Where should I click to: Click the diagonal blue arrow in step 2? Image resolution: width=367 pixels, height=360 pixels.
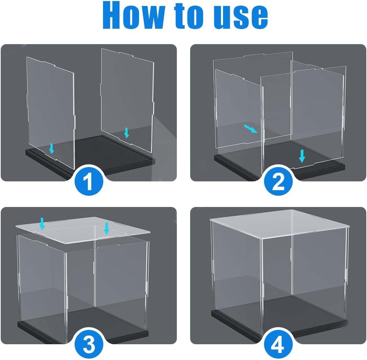[x=251, y=129]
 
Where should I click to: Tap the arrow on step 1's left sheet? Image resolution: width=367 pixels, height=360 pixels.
[x=52, y=149]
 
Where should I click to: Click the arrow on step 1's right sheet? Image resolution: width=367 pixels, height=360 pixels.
[x=126, y=133]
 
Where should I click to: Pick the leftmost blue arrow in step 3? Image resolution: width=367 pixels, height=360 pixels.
[x=42, y=223]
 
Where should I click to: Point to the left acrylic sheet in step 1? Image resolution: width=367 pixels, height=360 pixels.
[x=50, y=112]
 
